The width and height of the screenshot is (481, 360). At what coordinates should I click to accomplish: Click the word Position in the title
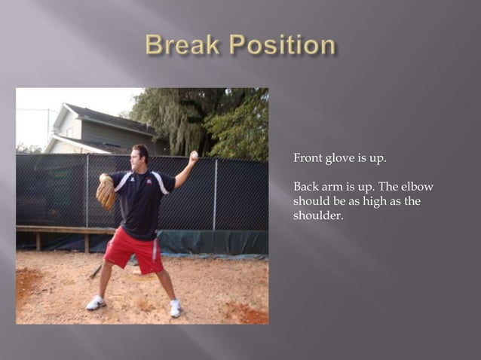tap(283, 45)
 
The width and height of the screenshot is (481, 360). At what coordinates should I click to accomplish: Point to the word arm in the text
tap(335, 187)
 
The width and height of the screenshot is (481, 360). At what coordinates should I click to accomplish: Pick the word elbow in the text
tap(417, 187)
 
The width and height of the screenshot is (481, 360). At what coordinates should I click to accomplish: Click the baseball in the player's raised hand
tap(194, 154)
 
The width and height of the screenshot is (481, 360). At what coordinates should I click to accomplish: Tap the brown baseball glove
tap(105, 193)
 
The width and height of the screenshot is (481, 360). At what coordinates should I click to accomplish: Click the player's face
tap(140, 157)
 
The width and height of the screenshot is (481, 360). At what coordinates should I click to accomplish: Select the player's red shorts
tap(134, 251)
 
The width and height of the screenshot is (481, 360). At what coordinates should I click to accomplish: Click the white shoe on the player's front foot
tap(96, 303)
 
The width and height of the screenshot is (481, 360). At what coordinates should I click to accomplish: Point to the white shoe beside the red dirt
tap(175, 308)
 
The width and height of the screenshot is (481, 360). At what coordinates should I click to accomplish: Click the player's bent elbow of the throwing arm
tap(179, 182)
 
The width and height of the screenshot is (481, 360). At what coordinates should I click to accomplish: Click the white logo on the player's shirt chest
tap(154, 181)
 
